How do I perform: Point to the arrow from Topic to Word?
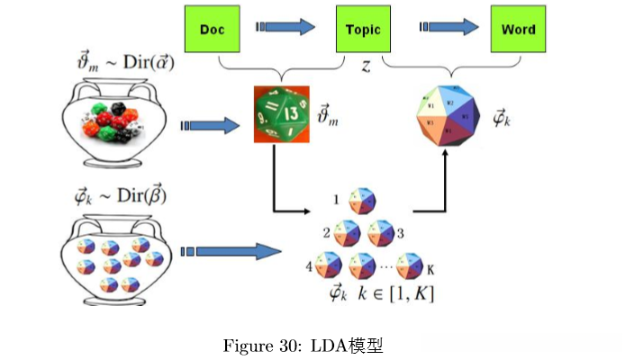pos(442,27)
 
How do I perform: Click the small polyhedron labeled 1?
pos(362,201)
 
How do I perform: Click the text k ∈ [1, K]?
pos(396,293)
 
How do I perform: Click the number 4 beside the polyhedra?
pos(309,266)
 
